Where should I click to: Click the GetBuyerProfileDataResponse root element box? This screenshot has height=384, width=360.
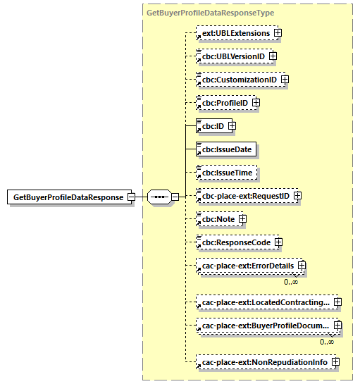[x=67, y=197]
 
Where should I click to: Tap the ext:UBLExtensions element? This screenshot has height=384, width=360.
[x=233, y=32]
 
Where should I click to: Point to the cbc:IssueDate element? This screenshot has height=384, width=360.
[x=225, y=149]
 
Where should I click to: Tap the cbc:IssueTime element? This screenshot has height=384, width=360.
[x=225, y=173]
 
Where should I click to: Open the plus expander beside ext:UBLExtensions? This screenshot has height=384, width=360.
[x=279, y=32]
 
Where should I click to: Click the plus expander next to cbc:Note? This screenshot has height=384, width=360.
[x=242, y=219]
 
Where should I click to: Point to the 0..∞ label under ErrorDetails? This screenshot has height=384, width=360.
[x=290, y=282]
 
